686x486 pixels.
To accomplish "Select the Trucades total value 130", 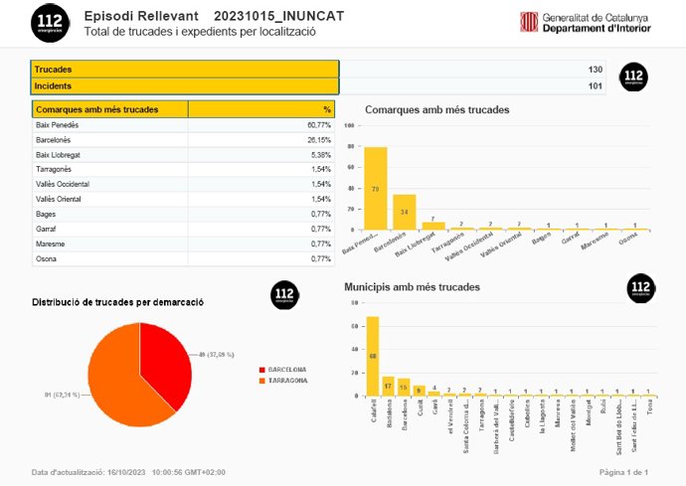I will [595, 70].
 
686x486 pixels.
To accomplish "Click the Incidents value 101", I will [595, 85].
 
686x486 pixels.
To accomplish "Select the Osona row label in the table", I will [47, 258].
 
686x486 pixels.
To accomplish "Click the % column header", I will [326, 109].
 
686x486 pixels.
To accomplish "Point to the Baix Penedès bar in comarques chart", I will [376, 189].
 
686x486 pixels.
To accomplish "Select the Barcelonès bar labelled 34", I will [405, 212].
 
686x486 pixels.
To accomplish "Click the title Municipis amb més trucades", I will [412, 286].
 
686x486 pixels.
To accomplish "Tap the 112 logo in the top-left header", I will [50, 22].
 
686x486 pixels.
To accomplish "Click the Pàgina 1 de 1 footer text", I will [623, 472].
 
